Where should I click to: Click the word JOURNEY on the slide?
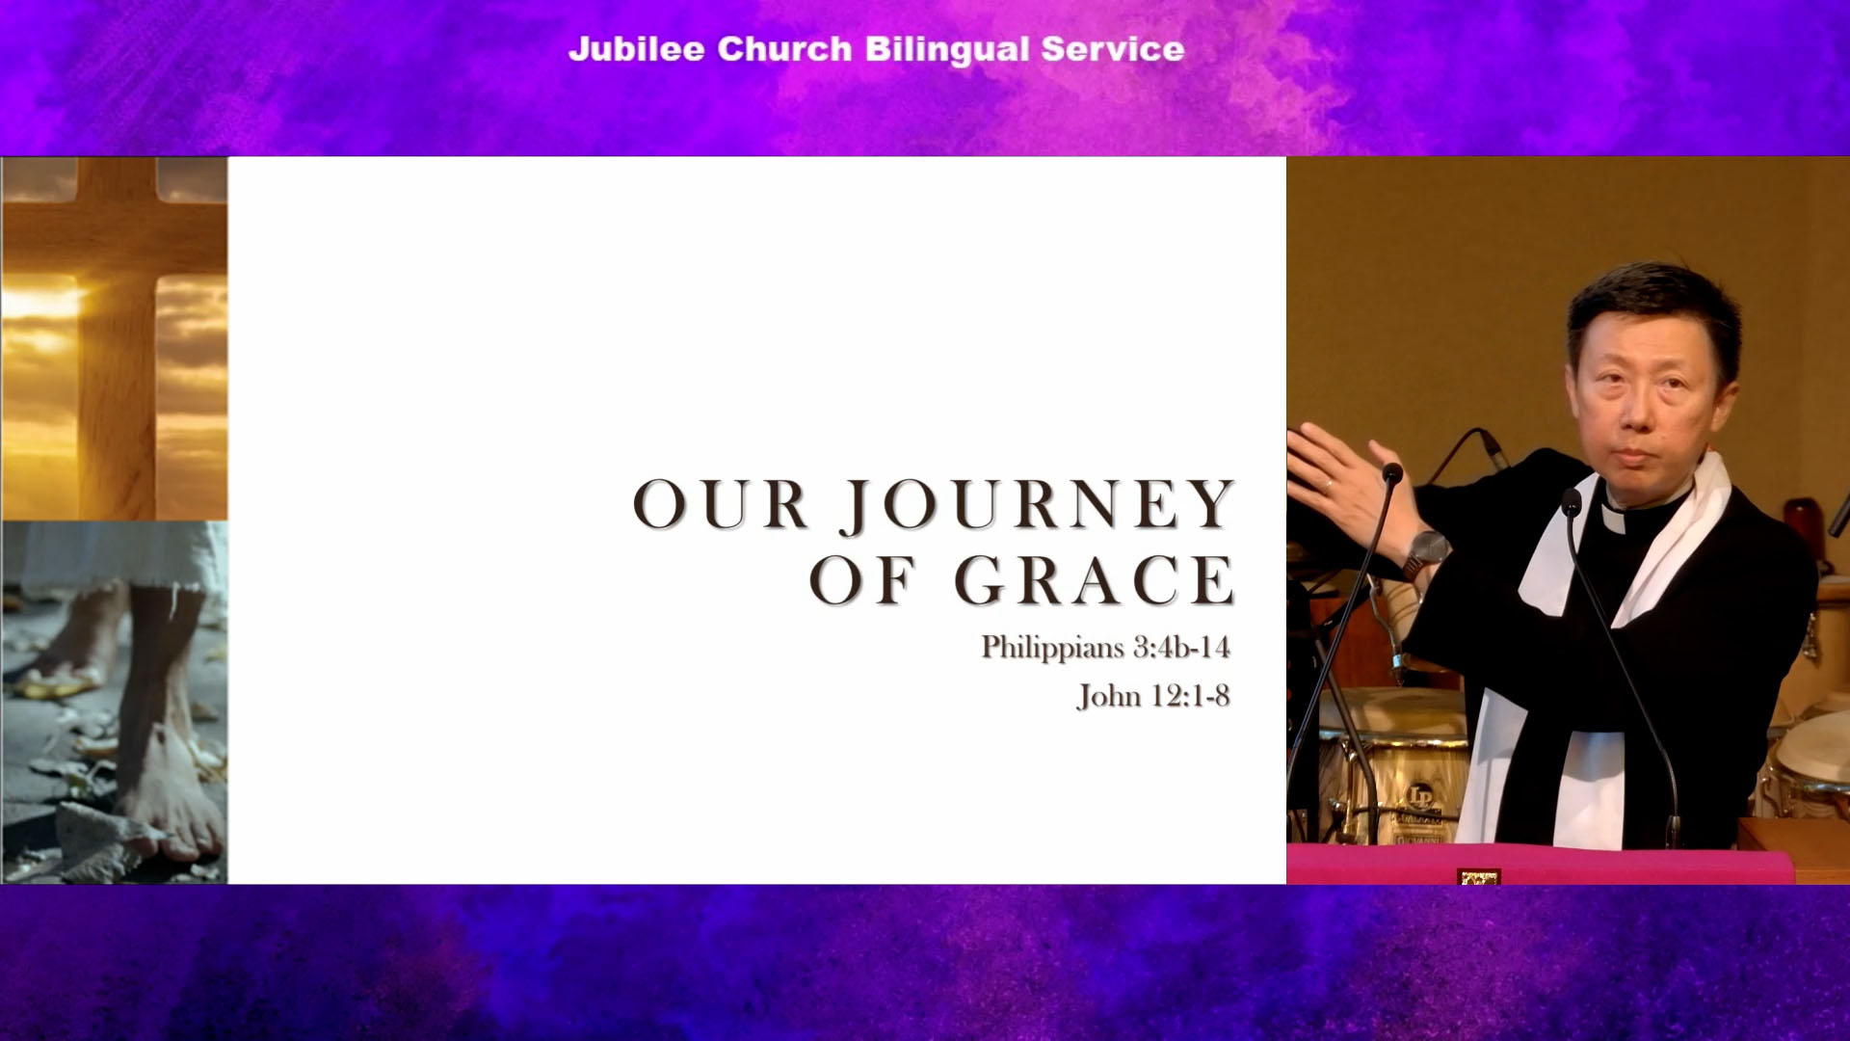(x=1037, y=504)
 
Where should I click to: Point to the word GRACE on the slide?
(x=1095, y=579)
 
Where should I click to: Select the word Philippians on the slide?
(x=1052, y=648)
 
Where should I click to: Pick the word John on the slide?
(x=1109, y=696)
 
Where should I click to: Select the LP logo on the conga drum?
(x=1419, y=796)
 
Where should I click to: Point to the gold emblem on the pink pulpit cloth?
(x=1479, y=877)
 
